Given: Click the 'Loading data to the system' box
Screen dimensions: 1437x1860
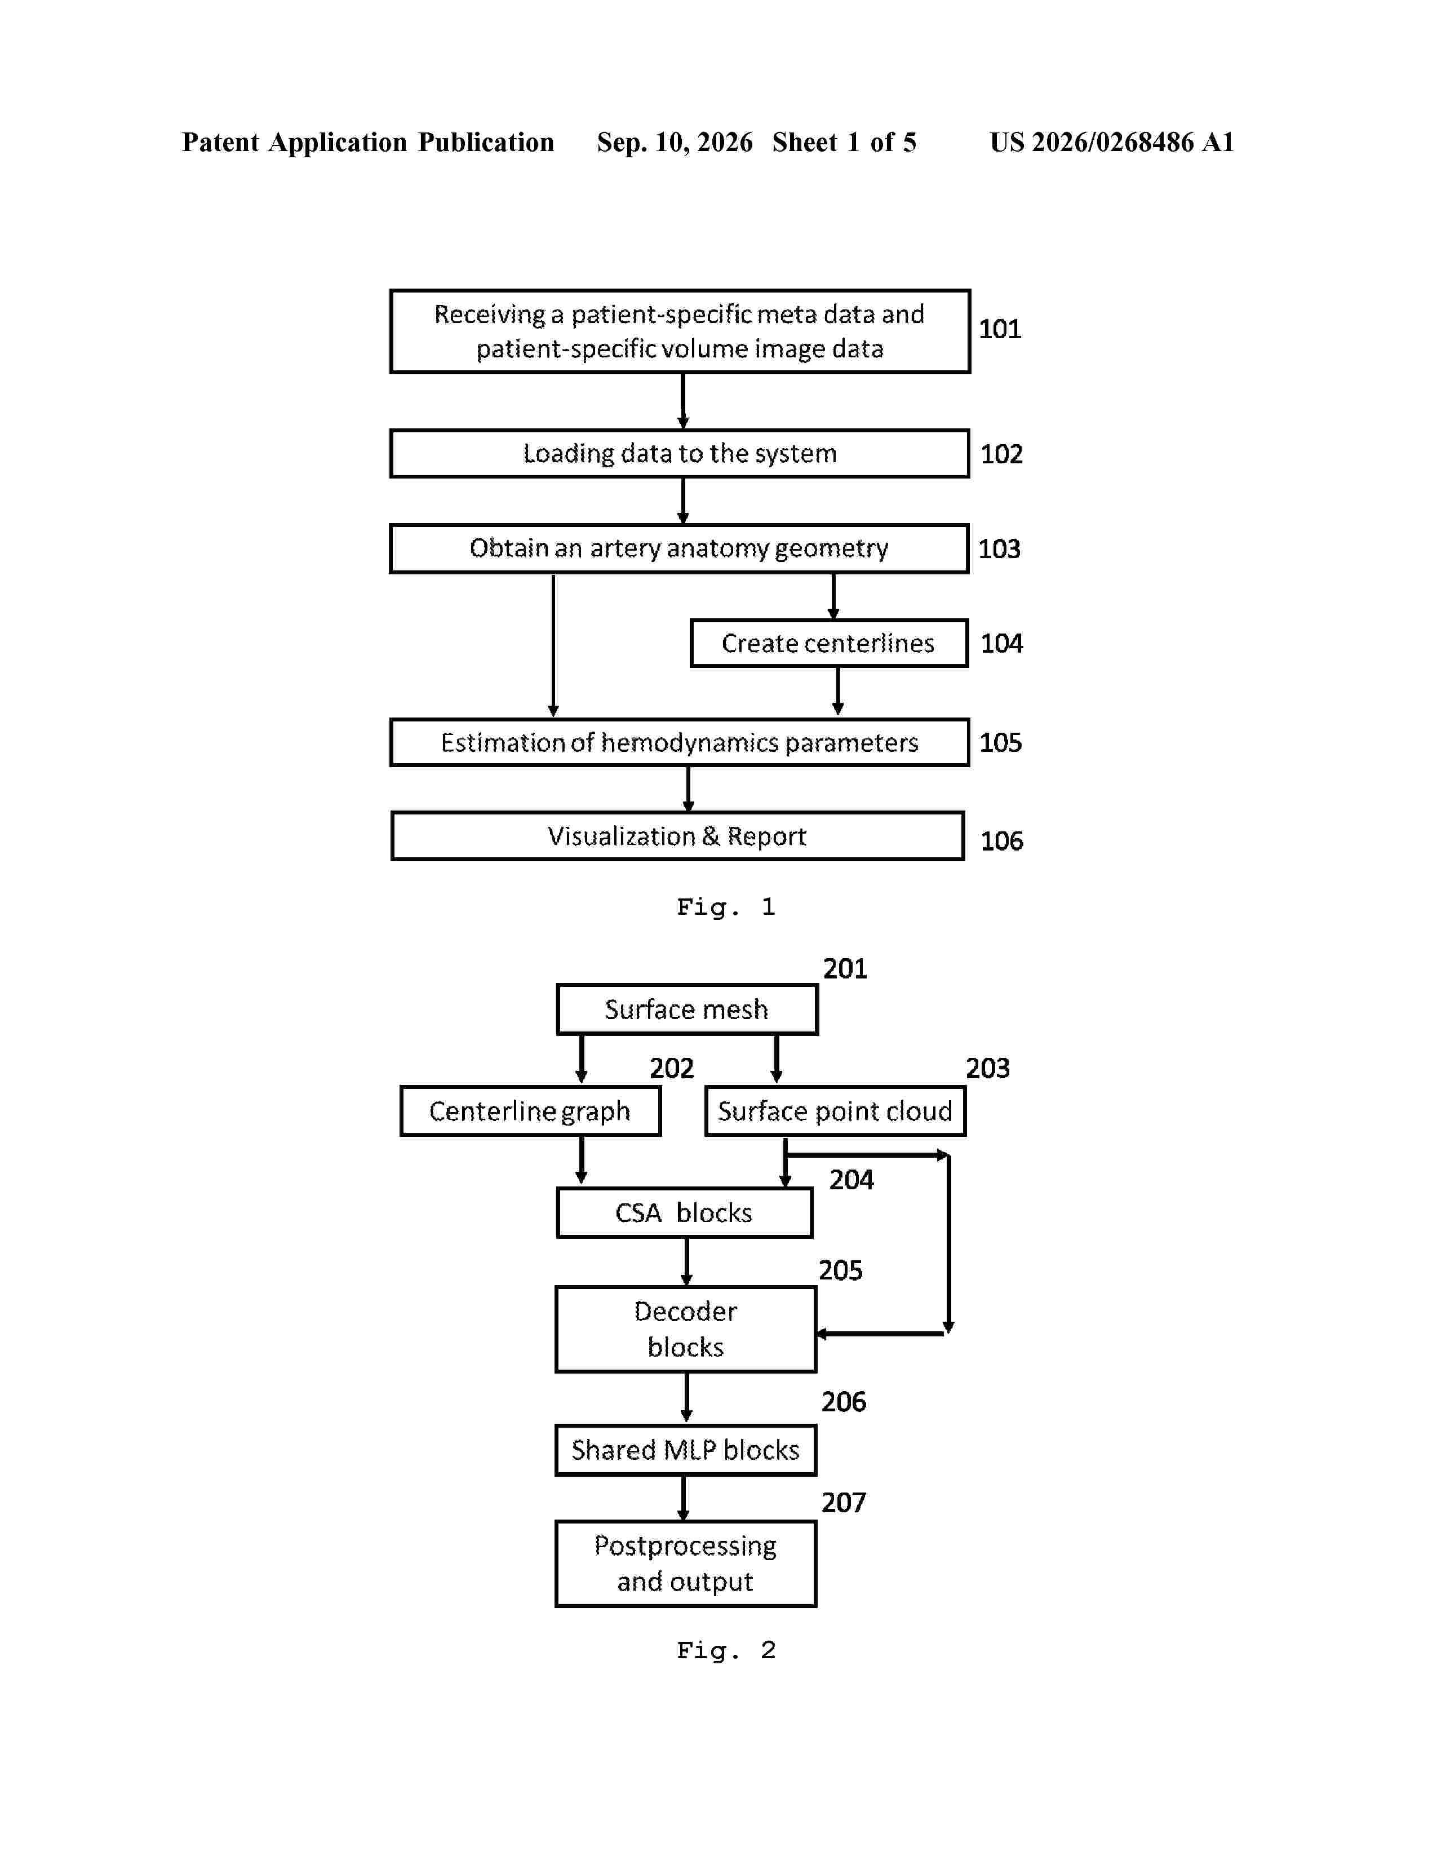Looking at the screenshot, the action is (680, 453).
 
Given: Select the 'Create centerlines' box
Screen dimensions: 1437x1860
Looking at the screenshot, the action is (828, 643).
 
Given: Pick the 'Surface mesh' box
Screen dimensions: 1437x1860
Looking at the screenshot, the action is (687, 1009).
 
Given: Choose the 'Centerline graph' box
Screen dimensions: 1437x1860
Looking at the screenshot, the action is (530, 1110).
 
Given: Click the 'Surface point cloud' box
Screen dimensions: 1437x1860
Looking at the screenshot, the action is (835, 1110).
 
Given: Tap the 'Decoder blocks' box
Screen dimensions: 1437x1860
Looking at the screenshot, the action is (685, 1328).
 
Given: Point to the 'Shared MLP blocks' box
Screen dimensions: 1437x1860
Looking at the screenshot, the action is (685, 1450).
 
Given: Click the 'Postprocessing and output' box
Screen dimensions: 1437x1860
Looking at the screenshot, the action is (685, 1564).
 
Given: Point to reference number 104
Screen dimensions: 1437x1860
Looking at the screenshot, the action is (1001, 643).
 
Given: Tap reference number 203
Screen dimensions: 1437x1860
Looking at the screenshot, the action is (987, 1068).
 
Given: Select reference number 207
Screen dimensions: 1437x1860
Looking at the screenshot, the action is (844, 1502).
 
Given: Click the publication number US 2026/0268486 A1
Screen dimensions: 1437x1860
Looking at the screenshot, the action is (1112, 142).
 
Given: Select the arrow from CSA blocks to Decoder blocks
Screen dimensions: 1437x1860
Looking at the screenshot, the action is (686, 1261).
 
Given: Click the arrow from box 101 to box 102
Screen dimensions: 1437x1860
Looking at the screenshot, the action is (683, 400).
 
